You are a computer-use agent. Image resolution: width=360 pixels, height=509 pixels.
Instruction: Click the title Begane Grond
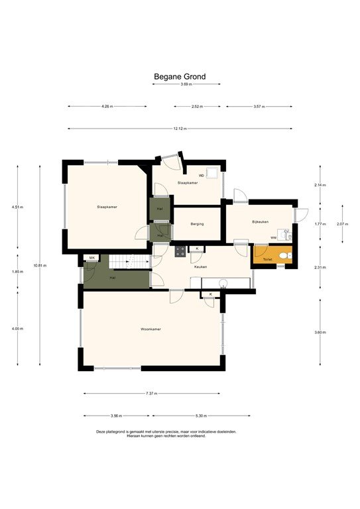tap(180, 76)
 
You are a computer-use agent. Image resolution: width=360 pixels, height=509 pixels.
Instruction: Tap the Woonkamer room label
tap(150, 329)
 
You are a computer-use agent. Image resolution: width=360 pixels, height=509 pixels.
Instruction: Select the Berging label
tap(196, 224)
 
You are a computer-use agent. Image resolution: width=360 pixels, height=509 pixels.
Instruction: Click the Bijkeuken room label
tap(260, 221)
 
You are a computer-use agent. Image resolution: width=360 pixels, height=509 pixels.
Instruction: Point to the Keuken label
tap(200, 266)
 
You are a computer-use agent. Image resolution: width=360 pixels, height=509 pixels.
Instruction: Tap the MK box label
tap(93, 258)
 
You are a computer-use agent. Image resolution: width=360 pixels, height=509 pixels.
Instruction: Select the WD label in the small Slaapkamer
tap(202, 176)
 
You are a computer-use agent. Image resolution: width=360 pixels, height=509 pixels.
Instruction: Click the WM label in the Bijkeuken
tap(273, 237)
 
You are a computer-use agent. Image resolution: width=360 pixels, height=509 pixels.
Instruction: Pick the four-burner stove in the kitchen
tap(179, 251)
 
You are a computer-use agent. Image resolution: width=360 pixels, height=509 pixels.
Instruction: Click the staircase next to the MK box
tap(122, 262)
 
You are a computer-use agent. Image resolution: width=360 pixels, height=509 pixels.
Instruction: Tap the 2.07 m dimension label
tap(341, 224)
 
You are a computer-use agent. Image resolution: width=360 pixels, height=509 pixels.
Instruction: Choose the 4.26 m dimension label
tap(107, 106)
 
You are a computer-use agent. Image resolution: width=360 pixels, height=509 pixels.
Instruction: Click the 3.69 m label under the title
tap(186, 84)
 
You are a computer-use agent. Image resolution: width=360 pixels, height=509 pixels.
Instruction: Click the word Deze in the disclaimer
tap(100, 431)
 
